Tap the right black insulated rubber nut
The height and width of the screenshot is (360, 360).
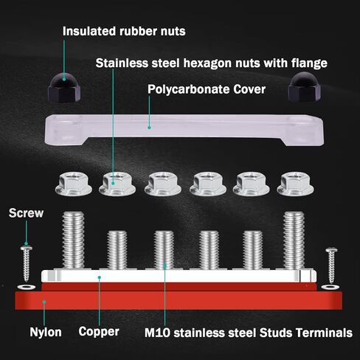[x=304, y=86]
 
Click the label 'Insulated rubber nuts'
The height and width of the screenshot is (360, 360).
[x=124, y=31]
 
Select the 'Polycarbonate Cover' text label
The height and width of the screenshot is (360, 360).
[x=207, y=89]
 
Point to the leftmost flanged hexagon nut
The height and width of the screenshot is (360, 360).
[x=74, y=184]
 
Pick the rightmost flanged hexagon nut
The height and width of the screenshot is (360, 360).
[x=295, y=184]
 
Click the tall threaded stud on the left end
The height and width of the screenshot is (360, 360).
[x=73, y=240]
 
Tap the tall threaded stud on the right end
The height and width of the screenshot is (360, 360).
[x=294, y=240]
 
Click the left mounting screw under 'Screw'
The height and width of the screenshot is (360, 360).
[x=27, y=263]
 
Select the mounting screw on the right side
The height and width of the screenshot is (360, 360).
[x=331, y=265]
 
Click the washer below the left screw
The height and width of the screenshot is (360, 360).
[x=27, y=287]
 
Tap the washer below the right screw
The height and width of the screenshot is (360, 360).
[x=330, y=287]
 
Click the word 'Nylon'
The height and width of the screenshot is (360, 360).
[x=46, y=332]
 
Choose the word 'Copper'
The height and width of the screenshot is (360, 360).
[x=99, y=332]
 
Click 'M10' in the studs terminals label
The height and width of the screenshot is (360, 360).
[x=157, y=333]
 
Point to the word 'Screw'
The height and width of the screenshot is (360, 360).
[x=26, y=213]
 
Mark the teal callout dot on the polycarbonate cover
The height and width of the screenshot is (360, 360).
[x=149, y=128]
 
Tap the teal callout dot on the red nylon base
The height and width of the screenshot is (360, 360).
[x=44, y=302]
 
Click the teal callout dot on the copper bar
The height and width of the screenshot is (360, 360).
[x=100, y=277]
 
